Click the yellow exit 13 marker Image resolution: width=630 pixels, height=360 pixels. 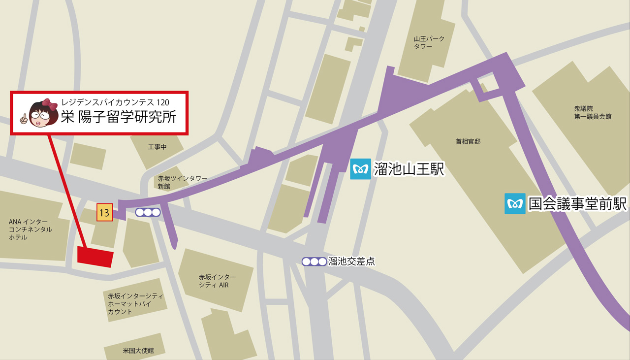(104, 213)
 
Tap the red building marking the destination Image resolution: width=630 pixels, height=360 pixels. (95, 257)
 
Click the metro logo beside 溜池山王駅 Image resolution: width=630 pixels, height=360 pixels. (360, 169)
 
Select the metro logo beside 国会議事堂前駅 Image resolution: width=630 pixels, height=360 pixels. (515, 203)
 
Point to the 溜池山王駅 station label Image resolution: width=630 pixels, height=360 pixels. (409, 169)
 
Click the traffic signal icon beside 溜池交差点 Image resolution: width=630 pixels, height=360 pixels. (314, 262)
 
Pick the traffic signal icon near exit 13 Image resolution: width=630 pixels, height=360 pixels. (148, 212)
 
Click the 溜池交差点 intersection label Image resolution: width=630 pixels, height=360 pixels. (351, 262)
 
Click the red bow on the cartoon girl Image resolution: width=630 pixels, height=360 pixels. (50, 103)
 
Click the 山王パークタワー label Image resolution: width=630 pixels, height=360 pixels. (423, 42)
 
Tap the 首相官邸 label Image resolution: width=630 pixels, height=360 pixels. (468, 141)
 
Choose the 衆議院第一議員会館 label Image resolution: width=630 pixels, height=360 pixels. (593, 113)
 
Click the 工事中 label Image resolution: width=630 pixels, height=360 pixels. (157, 147)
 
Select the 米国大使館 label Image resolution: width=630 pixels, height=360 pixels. (138, 351)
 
